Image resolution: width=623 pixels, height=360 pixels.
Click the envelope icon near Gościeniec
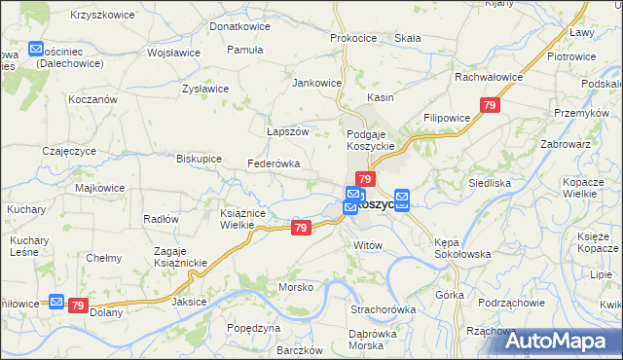click(36, 48)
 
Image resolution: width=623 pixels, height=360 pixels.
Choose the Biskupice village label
click(200, 158)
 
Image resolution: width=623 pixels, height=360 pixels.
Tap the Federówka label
click(274, 163)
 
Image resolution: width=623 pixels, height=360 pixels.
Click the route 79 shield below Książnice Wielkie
click(301, 228)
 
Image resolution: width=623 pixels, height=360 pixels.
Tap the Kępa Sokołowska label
click(462, 247)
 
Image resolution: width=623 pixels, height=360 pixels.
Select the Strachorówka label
click(384, 309)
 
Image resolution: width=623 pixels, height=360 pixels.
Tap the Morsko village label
click(296, 287)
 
